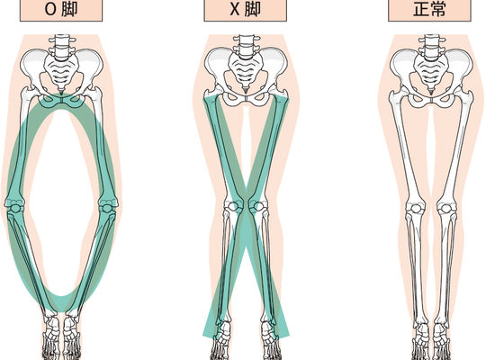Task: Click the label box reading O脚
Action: click(61, 10)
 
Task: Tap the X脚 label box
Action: click(245, 10)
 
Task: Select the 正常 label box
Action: click(429, 10)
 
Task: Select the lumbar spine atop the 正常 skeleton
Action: click(430, 47)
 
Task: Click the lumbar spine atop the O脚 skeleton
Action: click(62, 47)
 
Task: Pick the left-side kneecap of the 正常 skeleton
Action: click(414, 208)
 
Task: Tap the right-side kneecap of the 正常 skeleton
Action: click(445, 208)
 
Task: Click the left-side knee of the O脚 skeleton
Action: click(13, 207)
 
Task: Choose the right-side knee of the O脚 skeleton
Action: click(109, 207)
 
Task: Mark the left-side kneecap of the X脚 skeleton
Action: click(229, 206)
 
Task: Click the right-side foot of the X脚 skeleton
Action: click(269, 340)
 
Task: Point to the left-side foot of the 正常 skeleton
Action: click(420, 341)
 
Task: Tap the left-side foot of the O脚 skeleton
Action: click(51, 338)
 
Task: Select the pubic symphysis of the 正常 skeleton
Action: click(430, 100)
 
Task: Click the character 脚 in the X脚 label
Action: click(252, 10)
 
